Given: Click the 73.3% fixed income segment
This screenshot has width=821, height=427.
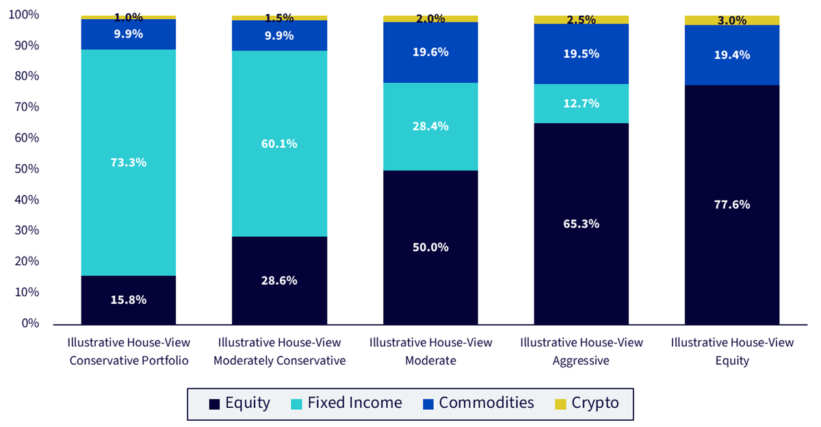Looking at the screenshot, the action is [129, 162].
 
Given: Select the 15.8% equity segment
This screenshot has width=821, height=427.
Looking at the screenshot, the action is [129, 300].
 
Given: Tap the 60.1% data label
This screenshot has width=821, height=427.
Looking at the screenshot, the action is [279, 144].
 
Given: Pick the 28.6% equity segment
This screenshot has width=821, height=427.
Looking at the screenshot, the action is [279, 281].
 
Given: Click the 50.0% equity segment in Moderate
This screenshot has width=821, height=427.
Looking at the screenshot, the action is [430, 248].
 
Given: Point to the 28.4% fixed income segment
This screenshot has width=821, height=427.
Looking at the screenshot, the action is [430, 127].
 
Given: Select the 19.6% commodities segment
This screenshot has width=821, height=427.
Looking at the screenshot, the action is [430, 53].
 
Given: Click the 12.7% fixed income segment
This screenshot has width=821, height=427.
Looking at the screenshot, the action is [581, 104].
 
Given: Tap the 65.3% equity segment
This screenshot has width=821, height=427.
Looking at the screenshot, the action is [581, 224].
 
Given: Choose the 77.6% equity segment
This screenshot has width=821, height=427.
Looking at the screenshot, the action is [732, 205].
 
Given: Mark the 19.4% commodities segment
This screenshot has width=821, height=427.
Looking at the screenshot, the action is [732, 55].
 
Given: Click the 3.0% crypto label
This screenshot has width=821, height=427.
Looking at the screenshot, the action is [732, 21].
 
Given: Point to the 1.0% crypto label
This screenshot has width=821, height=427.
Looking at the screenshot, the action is [129, 17].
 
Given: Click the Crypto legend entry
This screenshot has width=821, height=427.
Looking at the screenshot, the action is [587, 403].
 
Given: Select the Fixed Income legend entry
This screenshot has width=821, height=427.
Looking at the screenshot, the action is [346, 403].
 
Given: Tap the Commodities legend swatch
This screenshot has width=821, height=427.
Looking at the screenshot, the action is [428, 404].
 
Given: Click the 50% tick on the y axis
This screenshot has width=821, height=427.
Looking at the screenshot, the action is [27, 168].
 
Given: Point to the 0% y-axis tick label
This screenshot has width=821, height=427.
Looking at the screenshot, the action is [30, 323].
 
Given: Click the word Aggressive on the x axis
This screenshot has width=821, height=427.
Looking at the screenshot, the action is [581, 361].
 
